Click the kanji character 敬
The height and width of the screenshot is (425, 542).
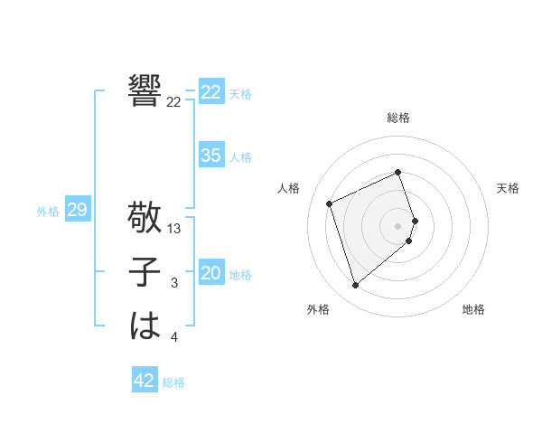point(145,217)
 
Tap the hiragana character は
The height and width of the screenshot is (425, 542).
point(145,326)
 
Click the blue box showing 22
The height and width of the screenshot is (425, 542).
point(211,92)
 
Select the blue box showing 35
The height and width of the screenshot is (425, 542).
point(211,156)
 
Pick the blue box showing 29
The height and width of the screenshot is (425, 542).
point(77,210)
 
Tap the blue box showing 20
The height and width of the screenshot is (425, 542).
point(211,273)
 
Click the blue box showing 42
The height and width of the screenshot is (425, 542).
point(145,381)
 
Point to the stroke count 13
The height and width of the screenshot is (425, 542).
point(174,229)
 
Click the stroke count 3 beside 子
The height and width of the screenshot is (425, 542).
point(174,283)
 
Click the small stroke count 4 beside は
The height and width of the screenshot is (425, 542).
point(174,338)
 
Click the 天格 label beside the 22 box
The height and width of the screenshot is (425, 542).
point(240,93)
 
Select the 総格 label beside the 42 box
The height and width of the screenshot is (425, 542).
point(173,382)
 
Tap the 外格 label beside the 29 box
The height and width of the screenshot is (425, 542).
point(48,212)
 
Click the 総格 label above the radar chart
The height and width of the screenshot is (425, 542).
point(397,118)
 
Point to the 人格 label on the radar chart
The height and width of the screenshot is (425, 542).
point(288,188)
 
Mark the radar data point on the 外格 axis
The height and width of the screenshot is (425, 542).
point(356,286)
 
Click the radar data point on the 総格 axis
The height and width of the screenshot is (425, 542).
point(397,173)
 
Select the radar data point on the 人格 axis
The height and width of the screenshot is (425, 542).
point(330,203)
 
